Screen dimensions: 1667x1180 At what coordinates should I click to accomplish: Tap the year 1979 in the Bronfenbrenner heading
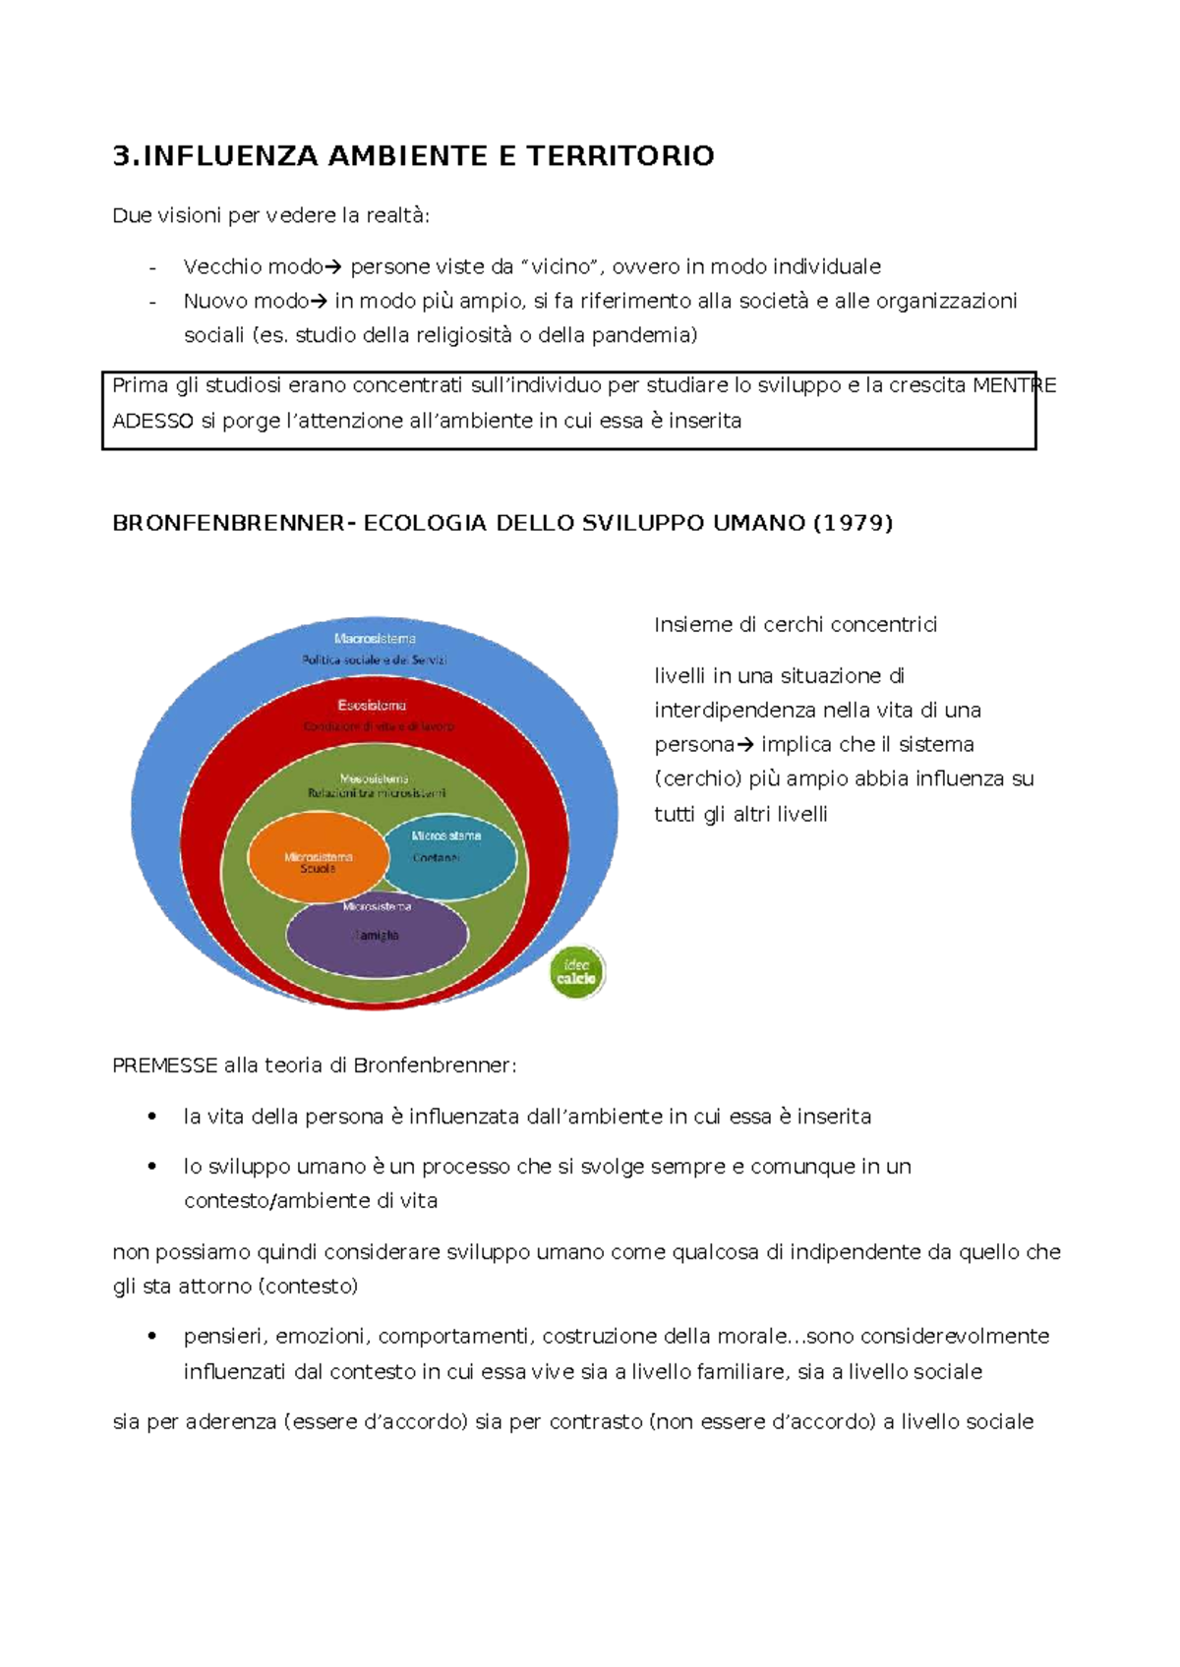tap(853, 523)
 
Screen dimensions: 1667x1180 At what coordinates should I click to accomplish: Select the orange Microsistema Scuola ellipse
tap(316, 858)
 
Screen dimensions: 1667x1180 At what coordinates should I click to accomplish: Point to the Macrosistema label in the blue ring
tap(375, 639)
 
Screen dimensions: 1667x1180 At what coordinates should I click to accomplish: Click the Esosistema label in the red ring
tap(372, 706)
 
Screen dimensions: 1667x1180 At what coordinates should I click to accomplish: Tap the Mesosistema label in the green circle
tap(375, 778)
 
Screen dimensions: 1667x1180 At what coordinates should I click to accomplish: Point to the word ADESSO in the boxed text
tap(152, 422)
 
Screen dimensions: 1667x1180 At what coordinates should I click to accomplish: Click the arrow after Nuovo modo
tap(318, 302)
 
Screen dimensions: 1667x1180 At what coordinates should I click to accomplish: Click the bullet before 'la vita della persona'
tap(152, 1117)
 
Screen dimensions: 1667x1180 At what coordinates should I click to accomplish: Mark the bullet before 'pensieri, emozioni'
tap(152, 1337)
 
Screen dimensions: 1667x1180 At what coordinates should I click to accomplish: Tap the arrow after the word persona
tap(744, 745)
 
